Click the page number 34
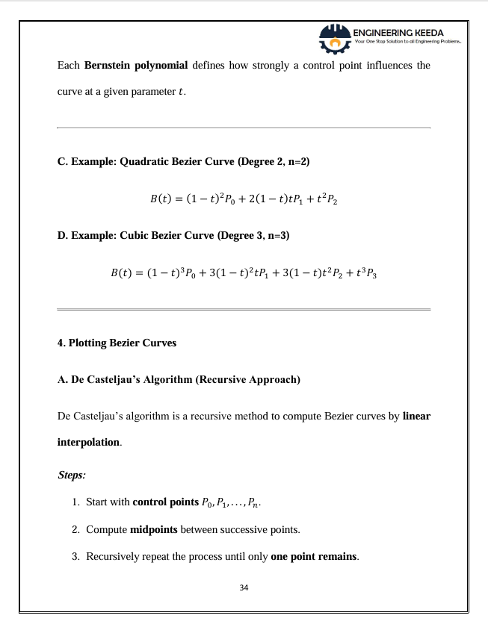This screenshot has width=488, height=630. point(244,587)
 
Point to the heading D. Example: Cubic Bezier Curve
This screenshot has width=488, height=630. point(174,235)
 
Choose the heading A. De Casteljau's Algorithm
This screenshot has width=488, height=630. point(179,380)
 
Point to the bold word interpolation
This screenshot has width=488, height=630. point(88,442)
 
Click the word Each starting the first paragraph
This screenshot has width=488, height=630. point(69,66)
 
